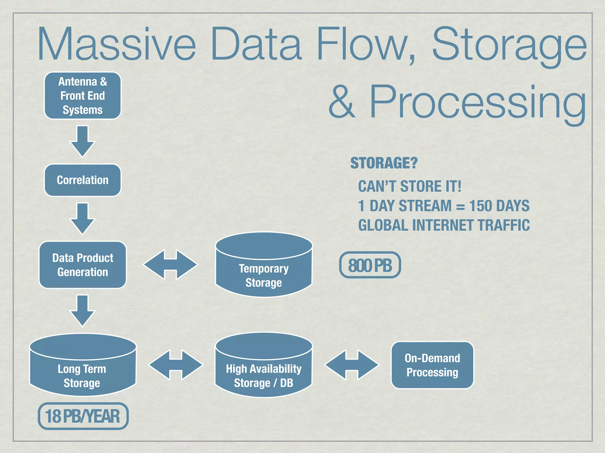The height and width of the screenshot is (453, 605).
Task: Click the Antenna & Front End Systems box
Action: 83,96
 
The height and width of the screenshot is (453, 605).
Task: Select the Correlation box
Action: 83,180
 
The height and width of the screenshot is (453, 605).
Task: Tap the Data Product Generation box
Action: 83,265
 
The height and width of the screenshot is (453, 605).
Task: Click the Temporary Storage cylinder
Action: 264,271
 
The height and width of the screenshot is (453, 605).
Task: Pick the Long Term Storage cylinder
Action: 83,372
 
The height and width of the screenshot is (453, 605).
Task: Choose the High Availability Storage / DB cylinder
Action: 264,372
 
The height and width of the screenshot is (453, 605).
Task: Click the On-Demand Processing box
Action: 432,365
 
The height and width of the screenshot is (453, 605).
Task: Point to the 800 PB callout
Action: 370,265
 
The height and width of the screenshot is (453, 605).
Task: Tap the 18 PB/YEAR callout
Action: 83,416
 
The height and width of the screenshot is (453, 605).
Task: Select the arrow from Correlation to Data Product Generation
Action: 82,219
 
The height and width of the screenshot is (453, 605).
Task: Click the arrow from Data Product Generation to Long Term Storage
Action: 82,311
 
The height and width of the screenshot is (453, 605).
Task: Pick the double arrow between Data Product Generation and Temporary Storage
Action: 170,265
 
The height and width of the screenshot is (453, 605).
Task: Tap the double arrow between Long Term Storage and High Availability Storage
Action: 176,365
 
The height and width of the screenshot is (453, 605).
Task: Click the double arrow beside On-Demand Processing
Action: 352,365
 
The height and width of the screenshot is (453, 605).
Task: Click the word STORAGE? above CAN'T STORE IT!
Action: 384,163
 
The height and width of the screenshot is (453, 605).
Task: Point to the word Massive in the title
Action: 116,44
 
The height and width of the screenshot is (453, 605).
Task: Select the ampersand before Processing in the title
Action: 342,102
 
